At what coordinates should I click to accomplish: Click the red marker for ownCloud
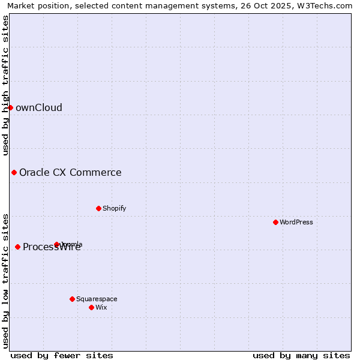[10, 107]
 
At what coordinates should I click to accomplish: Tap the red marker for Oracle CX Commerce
[14, 173]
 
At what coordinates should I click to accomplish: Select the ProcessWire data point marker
[17, 247]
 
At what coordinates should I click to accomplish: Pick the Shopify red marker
[98, 208]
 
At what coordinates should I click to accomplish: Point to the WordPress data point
[275, 222]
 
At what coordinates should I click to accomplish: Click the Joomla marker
[56, 244]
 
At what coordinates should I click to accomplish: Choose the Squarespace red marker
[72, 299]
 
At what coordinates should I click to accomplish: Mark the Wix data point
[91, 307]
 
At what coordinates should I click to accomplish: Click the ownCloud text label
[39, 108]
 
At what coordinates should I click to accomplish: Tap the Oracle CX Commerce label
[70, 173]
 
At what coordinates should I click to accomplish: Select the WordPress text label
[296, 223]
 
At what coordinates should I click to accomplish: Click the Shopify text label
[114, 209]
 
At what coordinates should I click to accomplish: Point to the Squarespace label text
[97, 299]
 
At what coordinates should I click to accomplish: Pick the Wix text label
[101, 308]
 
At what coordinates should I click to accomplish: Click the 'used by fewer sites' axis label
[62, 355]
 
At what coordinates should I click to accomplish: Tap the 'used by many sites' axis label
[301, 355]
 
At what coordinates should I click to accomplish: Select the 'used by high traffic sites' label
[6, 85]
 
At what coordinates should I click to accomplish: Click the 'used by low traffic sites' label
[6, 281]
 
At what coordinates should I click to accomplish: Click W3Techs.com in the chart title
[325, 5]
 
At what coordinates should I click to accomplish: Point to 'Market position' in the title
[34, 5]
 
